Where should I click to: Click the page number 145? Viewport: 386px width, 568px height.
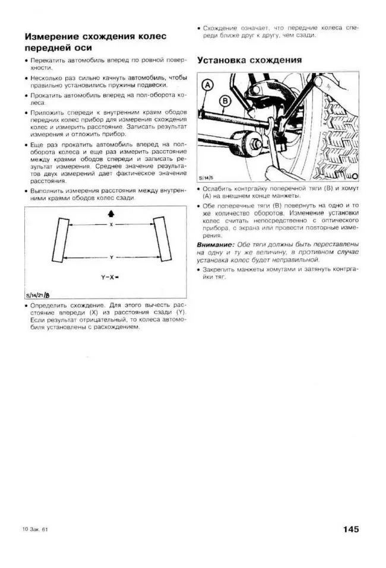(x=350, y=529)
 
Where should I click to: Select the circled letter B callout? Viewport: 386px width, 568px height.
(x=224, y=101)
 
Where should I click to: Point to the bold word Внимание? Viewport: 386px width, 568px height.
(x=215, y=245)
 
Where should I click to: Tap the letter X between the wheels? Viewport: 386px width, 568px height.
(x=110, y=225)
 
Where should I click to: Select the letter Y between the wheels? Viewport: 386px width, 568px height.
(x=110, y=257)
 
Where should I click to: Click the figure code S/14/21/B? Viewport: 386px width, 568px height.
(x=39, y=295)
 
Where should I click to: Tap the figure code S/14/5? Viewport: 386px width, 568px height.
(x=208, y=176)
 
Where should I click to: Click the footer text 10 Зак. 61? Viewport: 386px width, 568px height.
(x=34, y=529)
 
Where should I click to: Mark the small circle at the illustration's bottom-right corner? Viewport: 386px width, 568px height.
(x=355, y=176)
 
